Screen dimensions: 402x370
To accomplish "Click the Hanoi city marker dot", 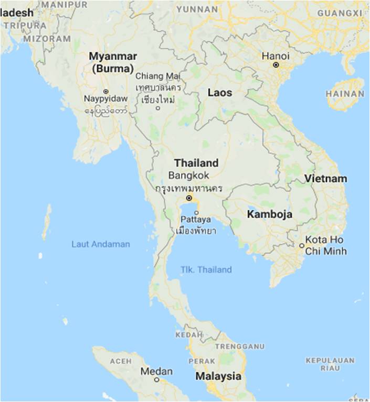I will tap(276, 65).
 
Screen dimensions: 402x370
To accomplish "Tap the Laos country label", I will tap(219, 93).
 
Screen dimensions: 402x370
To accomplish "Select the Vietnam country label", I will tap(326, 179).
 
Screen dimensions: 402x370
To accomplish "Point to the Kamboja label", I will tap(270, 214).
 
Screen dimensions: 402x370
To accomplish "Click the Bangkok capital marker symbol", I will tap(189, 199).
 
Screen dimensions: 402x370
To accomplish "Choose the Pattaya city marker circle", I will tap(196, 212).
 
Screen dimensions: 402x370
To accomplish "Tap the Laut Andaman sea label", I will tap(101, 244).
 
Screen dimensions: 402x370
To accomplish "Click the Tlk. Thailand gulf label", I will tap(206, 270).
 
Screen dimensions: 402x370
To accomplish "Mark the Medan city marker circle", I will tap(156, 380).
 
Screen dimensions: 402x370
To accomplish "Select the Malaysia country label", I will tap(218, 376).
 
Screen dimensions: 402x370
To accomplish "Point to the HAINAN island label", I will tap(345, 94).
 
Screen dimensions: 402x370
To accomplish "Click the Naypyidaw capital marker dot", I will tap(105, 91).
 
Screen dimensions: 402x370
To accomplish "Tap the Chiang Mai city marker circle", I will tap(158, 108).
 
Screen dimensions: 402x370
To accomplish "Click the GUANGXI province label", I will tap(340, 12).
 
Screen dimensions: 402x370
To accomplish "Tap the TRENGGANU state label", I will tap(235, 346).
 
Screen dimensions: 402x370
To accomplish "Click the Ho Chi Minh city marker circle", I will tap(302, 245).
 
